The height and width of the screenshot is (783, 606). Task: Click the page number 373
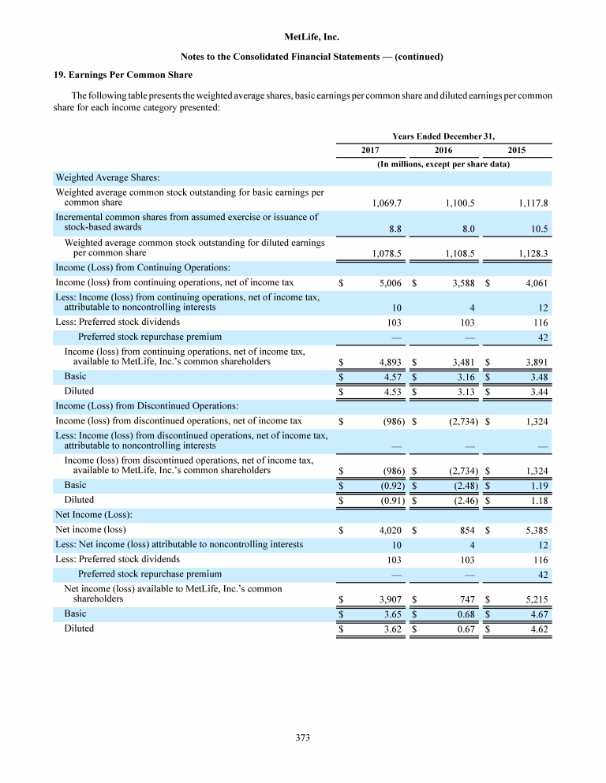pyautogui.click(x=303, y=738)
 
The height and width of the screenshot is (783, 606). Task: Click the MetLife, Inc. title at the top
pyautogui.click(x=303, y=37)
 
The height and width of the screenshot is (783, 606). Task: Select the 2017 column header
pyautogui.click(x=370, y=150)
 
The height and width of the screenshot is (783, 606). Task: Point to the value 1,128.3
pyautogui.click(x=533, y=254)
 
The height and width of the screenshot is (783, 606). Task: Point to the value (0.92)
pyautogui.click(x=390, y=486)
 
